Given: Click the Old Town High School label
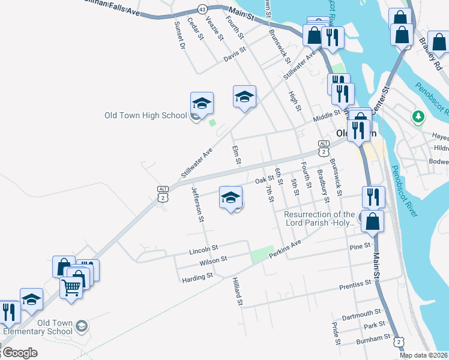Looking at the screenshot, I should [x=146, y=115].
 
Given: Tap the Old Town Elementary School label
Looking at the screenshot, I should [x=38, y=327].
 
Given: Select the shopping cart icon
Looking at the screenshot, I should [x=71, y=287].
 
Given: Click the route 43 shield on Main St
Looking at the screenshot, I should [x=202, y=9].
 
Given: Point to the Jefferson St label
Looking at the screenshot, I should [x=197, y=204].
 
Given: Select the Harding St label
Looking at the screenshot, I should [x=197, y=277].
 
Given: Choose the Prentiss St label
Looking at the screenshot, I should [x=355, y=284].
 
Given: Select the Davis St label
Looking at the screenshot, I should [x=235, y=55].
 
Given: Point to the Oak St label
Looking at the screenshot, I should [x=264, y=180].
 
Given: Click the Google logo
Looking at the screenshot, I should [x=20, y=353].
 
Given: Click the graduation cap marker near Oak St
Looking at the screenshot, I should [x=231, y=197].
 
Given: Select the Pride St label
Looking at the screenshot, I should [x=336, y=334].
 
